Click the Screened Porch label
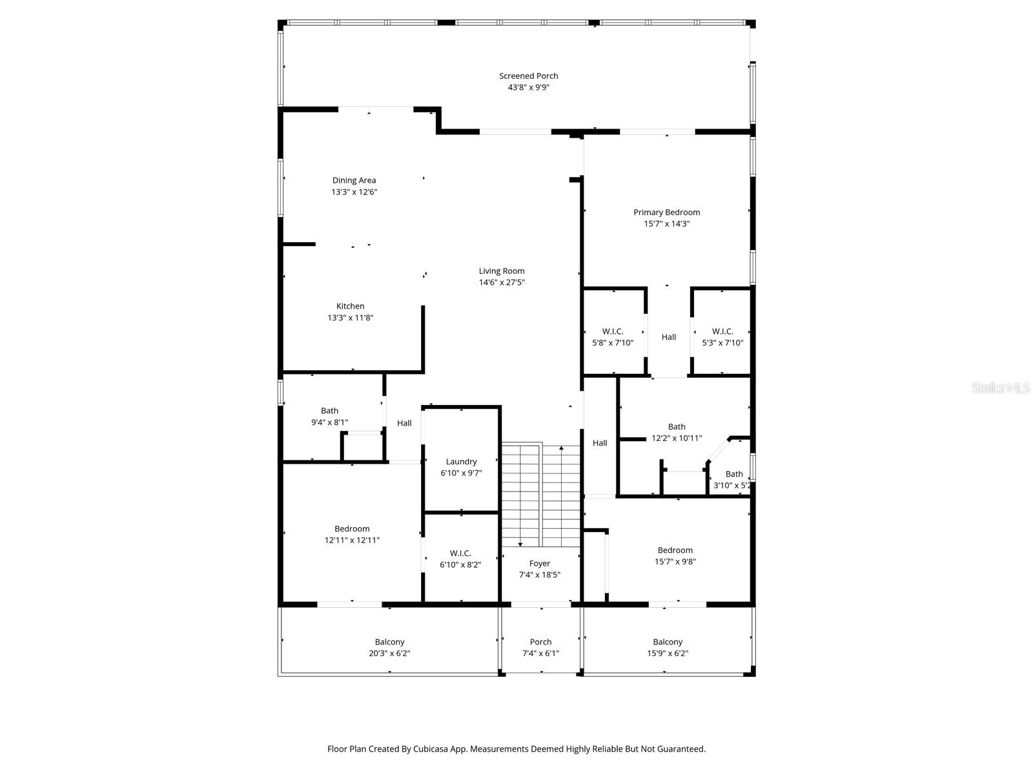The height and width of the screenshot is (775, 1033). click(528, 76)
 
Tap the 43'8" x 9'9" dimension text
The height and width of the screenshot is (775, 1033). click(528, 87)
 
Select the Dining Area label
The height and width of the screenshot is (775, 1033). click(354, 180)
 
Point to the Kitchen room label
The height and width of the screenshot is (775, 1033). click(350, 306)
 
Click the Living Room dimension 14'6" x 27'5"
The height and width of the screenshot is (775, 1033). click(502, 282)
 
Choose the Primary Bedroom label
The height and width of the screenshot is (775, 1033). click(666, 212)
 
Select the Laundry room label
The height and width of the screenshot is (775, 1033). click(461, 461)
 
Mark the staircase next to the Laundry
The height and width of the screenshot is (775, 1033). click(541, 494)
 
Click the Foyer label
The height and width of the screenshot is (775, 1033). click(540, 563)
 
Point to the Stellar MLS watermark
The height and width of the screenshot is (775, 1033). click(1001, 387)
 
